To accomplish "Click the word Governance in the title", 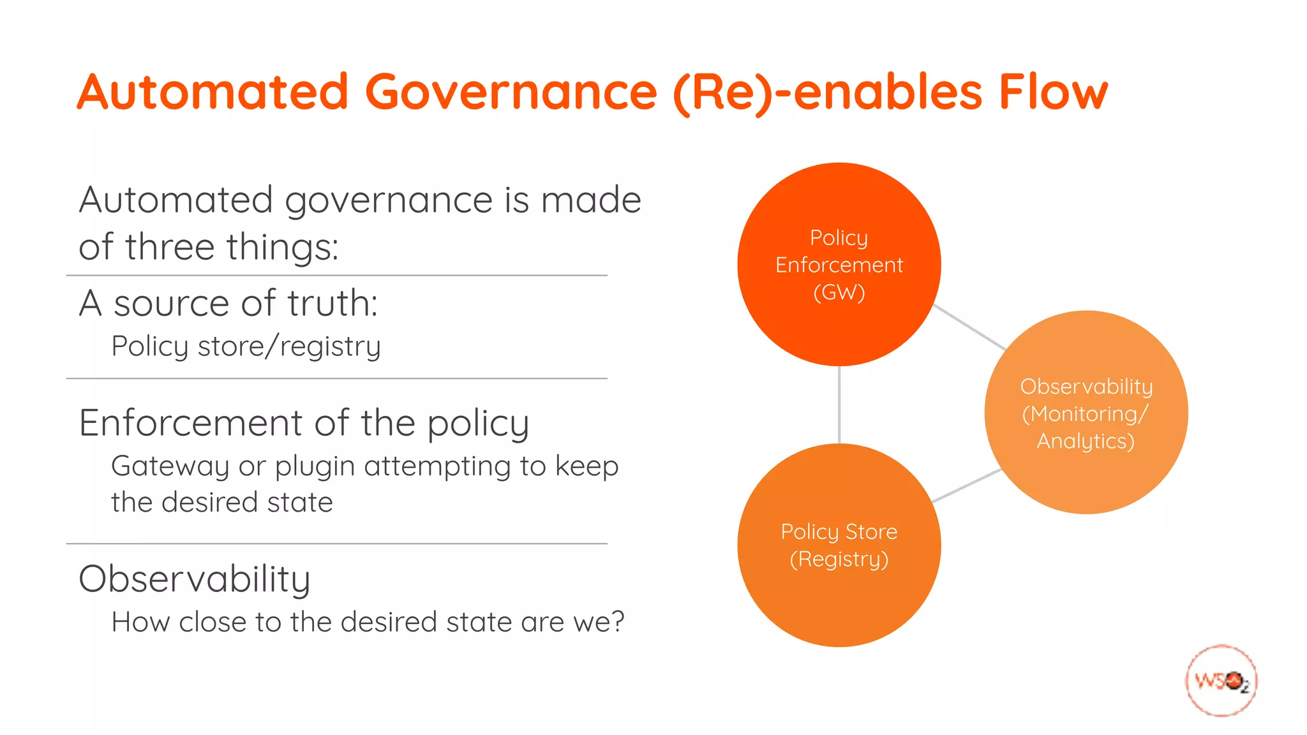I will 511,92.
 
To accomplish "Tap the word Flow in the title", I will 1053,92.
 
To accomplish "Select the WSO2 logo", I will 1221,681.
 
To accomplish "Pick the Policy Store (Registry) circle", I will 839,600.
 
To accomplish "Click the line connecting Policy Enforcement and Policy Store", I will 839,405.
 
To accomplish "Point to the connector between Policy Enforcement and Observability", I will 969,327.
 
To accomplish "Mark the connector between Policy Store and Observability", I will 966,486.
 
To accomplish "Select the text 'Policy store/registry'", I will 246,346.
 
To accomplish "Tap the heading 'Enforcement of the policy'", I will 304,422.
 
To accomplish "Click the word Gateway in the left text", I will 170,466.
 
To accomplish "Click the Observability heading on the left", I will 194,579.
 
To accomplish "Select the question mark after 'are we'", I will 617,621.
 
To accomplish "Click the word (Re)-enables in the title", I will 827,92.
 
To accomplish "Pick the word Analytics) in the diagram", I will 1086,441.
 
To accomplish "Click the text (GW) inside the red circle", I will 839,292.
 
